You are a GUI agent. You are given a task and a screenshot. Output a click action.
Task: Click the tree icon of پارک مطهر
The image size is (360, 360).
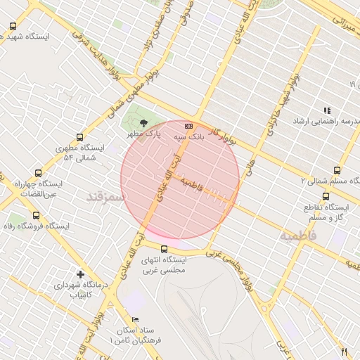pyautogui.click(x=144, y=122)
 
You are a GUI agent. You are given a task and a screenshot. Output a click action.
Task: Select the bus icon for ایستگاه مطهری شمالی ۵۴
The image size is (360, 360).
pyautogui.click(x=79, y=138)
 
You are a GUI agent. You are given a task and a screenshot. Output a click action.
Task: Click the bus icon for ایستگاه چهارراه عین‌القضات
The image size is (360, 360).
pyautogui.click(x=38, y=172)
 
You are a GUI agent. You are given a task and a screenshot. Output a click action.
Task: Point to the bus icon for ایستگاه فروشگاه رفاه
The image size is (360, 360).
pyautogui.click(x=36, y=216)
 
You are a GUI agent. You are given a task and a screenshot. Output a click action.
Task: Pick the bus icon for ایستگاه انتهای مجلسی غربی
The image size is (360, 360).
pyautogui.click(x=164, y=249)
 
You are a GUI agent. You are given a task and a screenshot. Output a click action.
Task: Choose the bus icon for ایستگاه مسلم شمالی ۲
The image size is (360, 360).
pyautogui.click(x=337, y=170)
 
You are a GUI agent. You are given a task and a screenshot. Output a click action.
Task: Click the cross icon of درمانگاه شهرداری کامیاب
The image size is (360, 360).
pyautogui.click(x=80, y=274)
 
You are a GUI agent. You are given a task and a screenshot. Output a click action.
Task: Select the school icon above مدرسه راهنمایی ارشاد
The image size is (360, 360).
pyautogui.click(x=326, y=110)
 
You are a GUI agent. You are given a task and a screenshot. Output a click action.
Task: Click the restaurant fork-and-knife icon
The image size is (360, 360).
pyautogui.click(x=344, y=352)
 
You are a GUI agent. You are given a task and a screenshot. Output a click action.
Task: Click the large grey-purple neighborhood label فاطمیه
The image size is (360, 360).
pyautogui.click(x=299, y=236)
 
